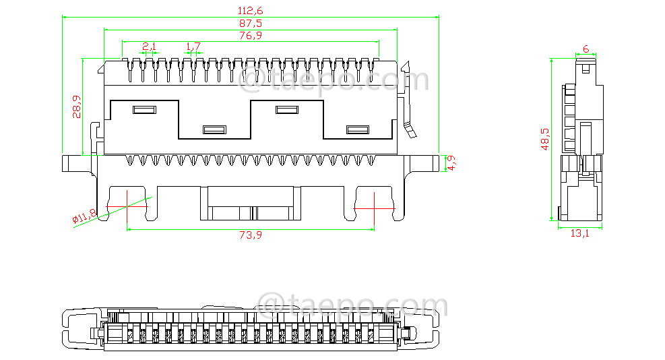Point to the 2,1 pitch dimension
coord(149,47)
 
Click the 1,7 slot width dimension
coord(193,47)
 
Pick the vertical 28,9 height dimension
coord(76,107)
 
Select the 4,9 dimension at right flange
coord(451,162)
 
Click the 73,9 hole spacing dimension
coord(251,235)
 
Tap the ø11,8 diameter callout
coord(84,217)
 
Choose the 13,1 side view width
coord(579,233)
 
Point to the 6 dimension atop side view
coord(585,49)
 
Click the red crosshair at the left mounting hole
coord(127,206)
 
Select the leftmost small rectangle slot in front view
coord(144,109)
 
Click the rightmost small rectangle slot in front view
coord(357,130)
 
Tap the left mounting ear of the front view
coord(79,162)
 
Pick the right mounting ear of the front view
coord(420,162)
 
